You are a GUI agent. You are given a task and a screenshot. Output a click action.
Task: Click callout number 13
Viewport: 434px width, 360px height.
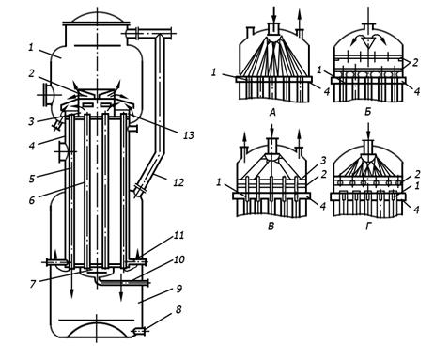point(189,135)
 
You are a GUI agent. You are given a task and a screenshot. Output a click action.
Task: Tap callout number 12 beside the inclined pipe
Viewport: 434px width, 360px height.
point(178,182)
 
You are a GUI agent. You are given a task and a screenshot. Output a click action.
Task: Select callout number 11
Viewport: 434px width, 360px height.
point(178,235)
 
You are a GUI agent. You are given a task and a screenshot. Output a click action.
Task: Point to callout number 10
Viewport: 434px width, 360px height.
point(178,259)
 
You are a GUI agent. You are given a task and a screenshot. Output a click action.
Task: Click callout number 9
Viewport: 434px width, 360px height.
point(178,289)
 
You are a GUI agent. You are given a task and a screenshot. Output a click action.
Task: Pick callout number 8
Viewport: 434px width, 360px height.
point(178,309)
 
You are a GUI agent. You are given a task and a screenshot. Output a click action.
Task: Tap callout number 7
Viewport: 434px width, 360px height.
point(33,284)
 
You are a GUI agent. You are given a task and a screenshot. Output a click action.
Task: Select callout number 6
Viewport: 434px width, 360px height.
point(32,200)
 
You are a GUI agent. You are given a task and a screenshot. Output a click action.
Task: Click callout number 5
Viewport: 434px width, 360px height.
point(32,179)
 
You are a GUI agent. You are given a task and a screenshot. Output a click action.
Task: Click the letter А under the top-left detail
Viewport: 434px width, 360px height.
point(272,112)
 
